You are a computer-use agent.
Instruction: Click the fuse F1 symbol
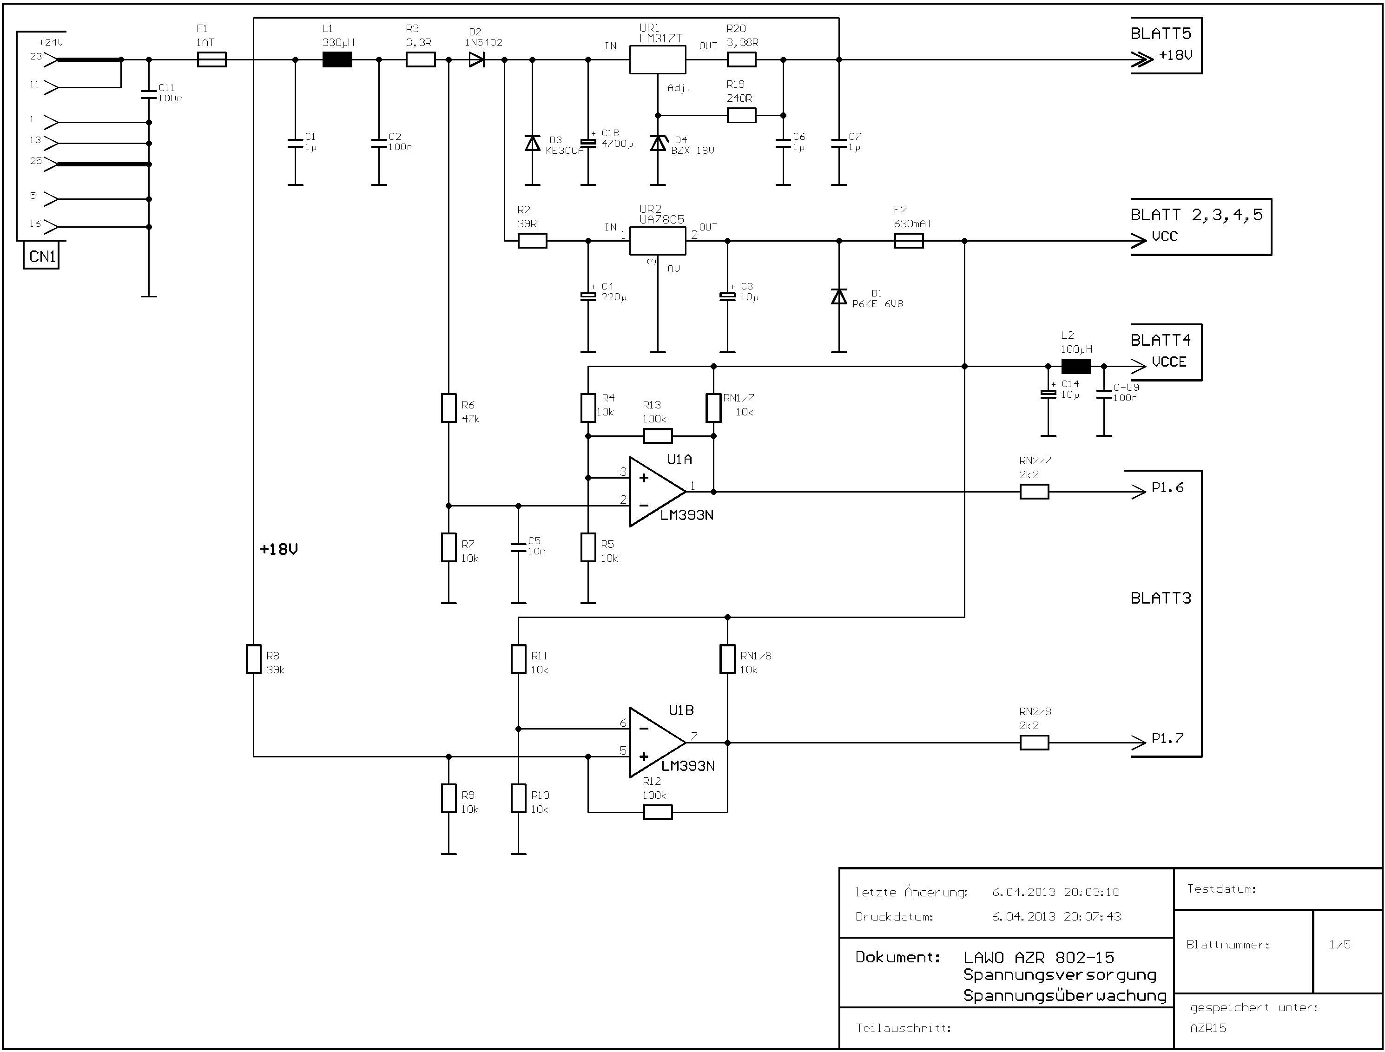click(x=212, y=59)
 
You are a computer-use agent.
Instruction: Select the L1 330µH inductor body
click(x=337, y=59)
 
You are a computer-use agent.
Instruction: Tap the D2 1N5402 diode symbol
click(x=477, y=59)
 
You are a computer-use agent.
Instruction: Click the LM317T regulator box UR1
click(x=658, y=59)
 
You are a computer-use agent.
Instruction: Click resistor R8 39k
click(x=253, y=659)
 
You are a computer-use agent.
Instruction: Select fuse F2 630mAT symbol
click(x=908, y=241)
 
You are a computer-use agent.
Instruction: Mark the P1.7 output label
click(x=1167, y=738)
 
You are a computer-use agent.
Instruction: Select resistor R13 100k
click(x=658, y=436)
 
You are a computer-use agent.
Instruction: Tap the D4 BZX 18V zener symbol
click(x=658, y=144)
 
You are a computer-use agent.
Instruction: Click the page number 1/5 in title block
click(x=1340, y=944)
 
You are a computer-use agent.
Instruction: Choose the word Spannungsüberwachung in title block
click(x=1065, y=995)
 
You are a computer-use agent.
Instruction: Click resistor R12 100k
click(x=658, y=812)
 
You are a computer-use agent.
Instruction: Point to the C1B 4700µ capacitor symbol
click(x=588, y=143)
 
